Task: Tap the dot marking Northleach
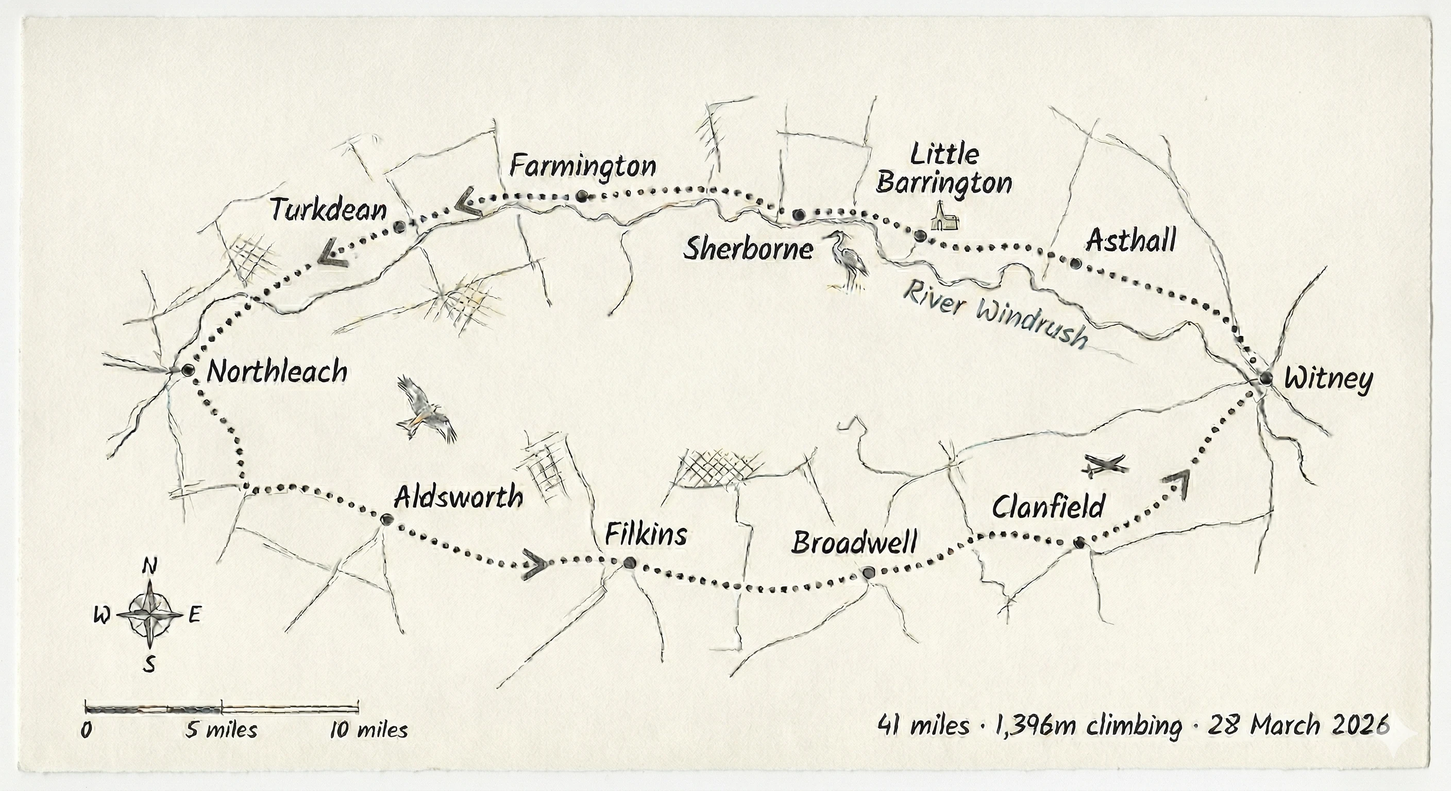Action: pos(188,370)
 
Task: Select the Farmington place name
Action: pos(582,167)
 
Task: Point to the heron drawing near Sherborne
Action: pos(848,261)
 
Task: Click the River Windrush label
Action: pos(993,316)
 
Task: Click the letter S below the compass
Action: pos(149,665)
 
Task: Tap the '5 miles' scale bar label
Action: pos(222,730)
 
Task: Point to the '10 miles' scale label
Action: pos(368,730)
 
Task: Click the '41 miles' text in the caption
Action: pos(923,726)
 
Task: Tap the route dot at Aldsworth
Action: pos(386,519)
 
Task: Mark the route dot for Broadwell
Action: pos(868,573)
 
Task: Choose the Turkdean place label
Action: pos(328,210)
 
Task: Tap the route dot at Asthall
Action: pos(1075,263)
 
